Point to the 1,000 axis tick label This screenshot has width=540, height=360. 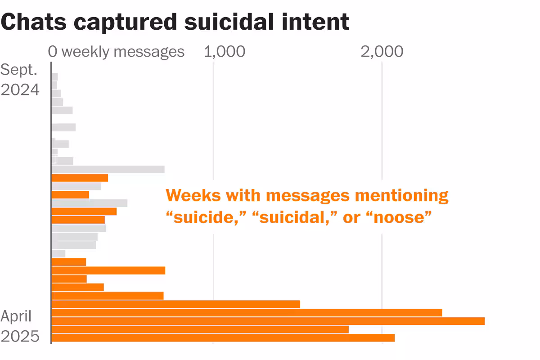coord(225,52)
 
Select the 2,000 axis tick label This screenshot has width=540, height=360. coord(382,52)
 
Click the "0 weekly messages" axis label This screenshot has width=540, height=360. coord(116,52)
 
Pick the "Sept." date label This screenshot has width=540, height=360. coord(19,70)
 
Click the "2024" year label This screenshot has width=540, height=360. coord(20,90)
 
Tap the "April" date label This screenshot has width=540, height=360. coord(16,316)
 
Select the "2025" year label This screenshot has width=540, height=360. coord(20,337)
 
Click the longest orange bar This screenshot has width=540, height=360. coord(268,321)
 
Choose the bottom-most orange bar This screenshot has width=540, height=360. coord(223,337)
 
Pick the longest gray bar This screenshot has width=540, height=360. coord(108,169)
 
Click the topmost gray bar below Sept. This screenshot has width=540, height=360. coord(55,76)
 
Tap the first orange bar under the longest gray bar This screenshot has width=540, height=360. coord(80,178)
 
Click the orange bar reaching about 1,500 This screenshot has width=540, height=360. coord(175,304)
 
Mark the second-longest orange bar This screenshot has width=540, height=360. coord(247,312)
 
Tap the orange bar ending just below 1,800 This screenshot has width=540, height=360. coord(200,329)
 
